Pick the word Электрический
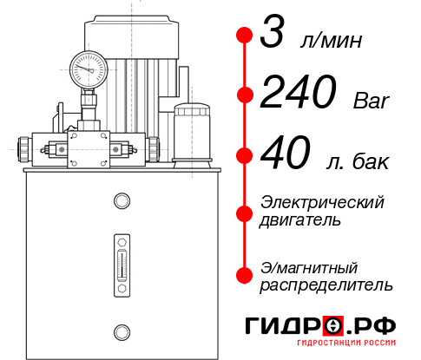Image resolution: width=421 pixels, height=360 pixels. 322,202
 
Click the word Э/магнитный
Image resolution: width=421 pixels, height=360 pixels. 309,266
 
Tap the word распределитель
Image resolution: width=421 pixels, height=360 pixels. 326,285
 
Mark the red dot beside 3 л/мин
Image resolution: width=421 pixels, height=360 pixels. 245,36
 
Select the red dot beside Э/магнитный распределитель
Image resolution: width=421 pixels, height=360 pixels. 245,274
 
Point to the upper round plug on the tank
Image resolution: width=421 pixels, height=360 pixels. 121,201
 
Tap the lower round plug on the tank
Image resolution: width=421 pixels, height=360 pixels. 121,330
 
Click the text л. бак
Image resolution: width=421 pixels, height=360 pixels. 358,162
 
